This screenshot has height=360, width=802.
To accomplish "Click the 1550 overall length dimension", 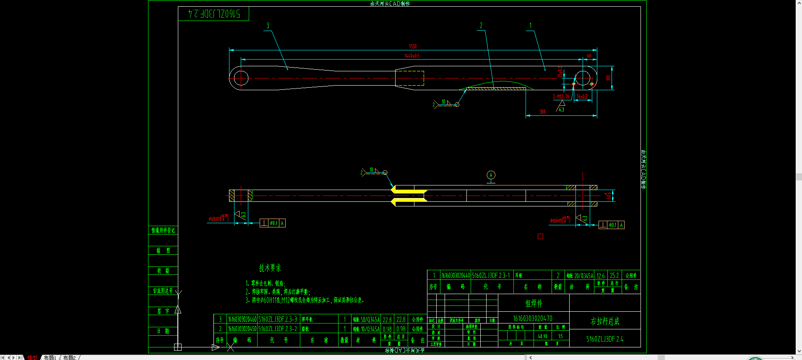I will tap(413, 47).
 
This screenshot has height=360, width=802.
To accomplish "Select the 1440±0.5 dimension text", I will tap(411, 56).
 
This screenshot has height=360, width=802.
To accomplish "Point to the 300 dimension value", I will tap(542, 112).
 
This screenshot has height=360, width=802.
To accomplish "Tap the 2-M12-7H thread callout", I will tap(561, 97).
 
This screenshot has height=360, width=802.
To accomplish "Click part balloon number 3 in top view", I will tap(268, 26).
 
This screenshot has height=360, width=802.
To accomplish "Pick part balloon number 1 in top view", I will tap(530, 26).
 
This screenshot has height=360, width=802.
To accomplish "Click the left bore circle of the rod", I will tap(241, 78).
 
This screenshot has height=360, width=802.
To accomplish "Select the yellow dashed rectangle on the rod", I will tap(409, 78).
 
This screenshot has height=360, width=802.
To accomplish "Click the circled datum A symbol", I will tap(491, 175).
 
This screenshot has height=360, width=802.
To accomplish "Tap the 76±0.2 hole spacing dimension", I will tap(581, 97).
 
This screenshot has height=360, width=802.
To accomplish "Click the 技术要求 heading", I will tap(270, 268).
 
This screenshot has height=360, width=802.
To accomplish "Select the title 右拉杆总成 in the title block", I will tap(604, 321).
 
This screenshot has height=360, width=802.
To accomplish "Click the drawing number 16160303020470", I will tap(533, 318).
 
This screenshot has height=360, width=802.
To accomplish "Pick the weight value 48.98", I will tap(542, 336).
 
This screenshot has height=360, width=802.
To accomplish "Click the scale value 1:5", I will tap(560, 336).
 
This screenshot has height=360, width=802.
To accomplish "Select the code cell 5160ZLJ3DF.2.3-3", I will tap(278, 319).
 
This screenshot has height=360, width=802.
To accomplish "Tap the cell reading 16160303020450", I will tap(242, 329).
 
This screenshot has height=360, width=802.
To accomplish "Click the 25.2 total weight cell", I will tap(614, 276).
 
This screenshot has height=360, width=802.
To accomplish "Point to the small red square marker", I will tap(540, 237).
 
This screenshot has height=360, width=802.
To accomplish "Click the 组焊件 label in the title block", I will tap(534, 303).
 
